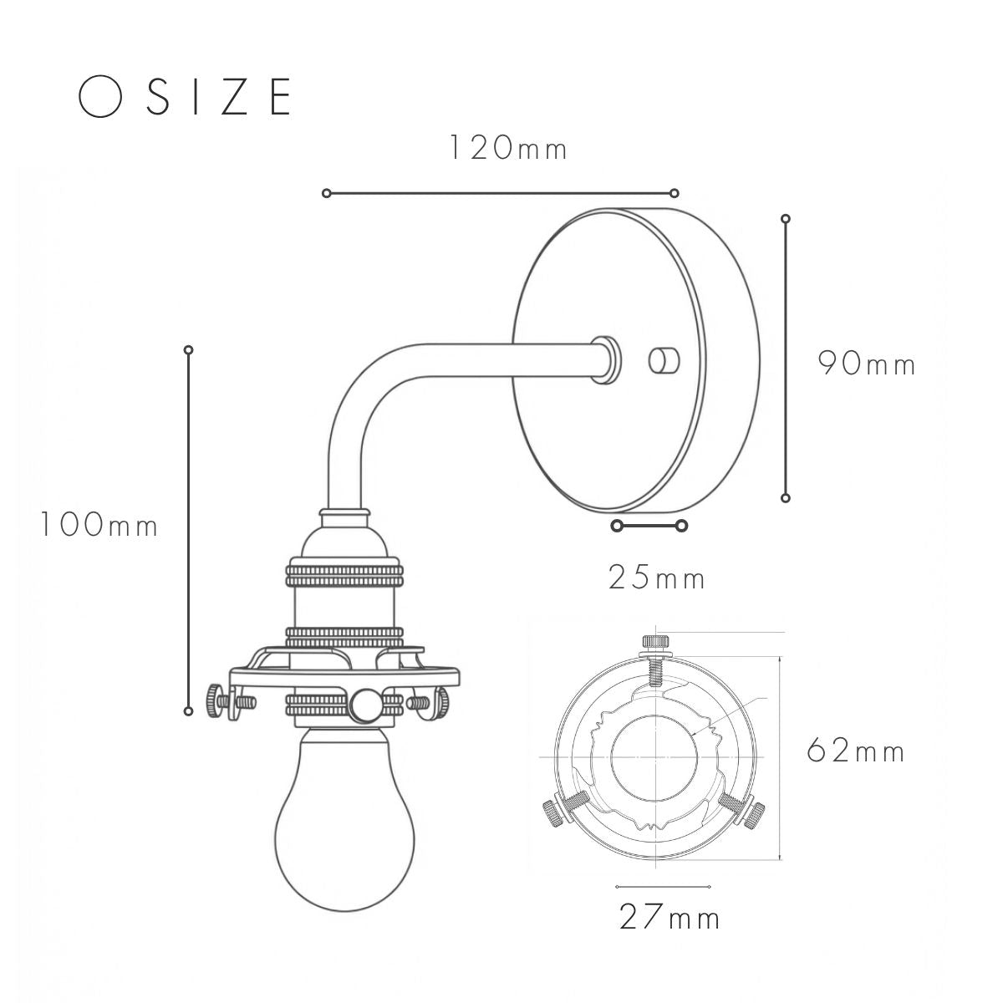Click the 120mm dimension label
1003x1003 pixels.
(x=508, y=148)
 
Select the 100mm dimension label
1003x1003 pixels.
(x=99, y=524)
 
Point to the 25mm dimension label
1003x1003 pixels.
(x=656, y=578)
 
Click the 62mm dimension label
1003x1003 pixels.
(x=856, y=751)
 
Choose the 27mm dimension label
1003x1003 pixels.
(x=670, y=919)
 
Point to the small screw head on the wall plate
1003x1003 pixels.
(x=664, y=359)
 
